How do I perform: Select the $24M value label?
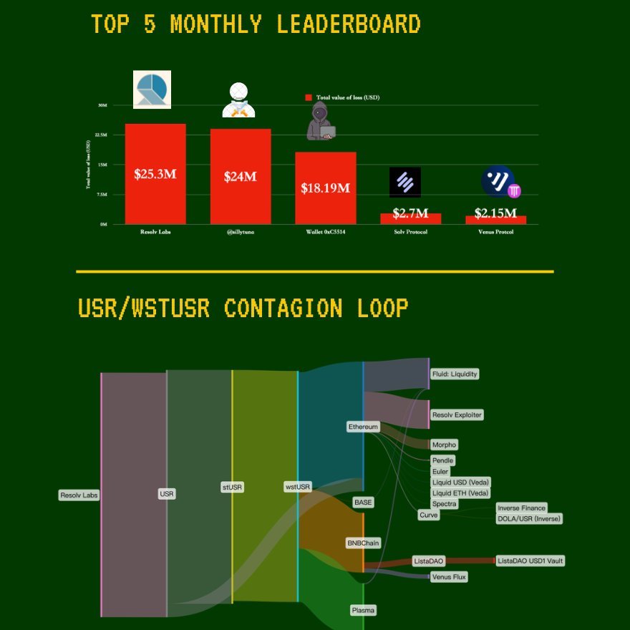click(240, 177)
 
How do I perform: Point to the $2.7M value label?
click(410, 213)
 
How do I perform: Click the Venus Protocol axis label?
click(495, 232)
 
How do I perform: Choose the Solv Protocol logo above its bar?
click(405, 182)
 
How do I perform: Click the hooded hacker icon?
click(321, 120)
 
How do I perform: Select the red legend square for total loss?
click(309, 97)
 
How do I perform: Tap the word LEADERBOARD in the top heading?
click(348, 24)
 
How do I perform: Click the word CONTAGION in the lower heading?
click(282, 309)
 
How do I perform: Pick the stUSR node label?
click(232, 487)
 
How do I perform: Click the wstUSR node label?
click(298, 487)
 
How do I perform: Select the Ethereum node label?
click(363, 427)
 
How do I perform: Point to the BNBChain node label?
click(363, 543)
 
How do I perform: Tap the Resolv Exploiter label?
click(457, 415)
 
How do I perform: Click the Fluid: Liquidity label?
click(455, 374)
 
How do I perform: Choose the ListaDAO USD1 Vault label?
click(530, 561)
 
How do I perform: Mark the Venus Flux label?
click(449, 576)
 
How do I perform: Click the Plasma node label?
click(363, 611)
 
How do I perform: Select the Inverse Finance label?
click(521, 508)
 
